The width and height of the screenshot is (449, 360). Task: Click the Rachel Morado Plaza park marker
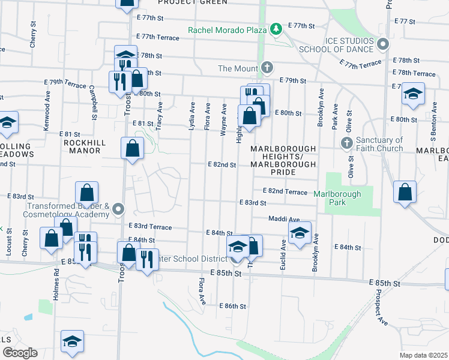point(276,29)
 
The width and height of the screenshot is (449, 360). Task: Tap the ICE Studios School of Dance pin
point(383,44)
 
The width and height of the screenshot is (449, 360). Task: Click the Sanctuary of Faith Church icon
point(346,143)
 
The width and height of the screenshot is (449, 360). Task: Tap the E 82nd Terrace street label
point(285,191)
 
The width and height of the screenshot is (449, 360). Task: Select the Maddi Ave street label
point(284,219)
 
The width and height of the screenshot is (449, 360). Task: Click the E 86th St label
point(233,306)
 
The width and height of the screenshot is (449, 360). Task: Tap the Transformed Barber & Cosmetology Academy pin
point(119,209)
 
